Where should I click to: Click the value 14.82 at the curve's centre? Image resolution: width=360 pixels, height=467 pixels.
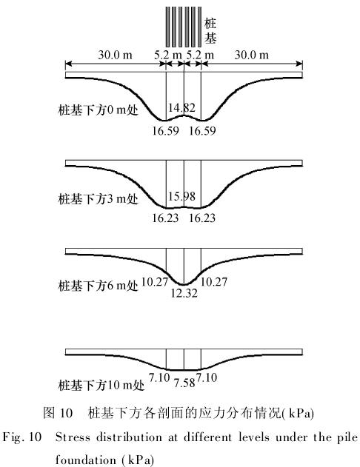(181, 107)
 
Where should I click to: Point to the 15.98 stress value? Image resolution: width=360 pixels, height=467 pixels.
(181, 196)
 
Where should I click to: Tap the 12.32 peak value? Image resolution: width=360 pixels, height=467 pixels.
(184, 293)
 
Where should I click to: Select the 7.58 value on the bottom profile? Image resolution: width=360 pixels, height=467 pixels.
(184, 383)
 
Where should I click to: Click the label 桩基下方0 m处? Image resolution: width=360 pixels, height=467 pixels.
(99, 110)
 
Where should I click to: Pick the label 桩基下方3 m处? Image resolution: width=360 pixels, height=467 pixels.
(99, 198)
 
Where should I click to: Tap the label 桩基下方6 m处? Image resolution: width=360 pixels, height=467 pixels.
(99, 286)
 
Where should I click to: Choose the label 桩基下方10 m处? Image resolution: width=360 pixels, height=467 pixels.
(101, 385)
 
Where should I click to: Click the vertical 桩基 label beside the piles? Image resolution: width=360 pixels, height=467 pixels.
(210, 30)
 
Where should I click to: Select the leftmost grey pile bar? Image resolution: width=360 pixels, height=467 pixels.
(168, 27)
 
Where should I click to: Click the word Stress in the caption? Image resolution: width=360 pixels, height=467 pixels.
(73, 437)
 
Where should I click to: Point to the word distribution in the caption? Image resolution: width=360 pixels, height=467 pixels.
(136, 437)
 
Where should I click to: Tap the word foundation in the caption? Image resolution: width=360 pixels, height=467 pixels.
(86, 460)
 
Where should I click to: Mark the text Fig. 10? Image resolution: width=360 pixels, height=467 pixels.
(22, 437)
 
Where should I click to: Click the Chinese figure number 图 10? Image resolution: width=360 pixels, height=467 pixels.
(58, 413)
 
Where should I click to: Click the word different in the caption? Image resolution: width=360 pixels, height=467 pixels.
(207, 437)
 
